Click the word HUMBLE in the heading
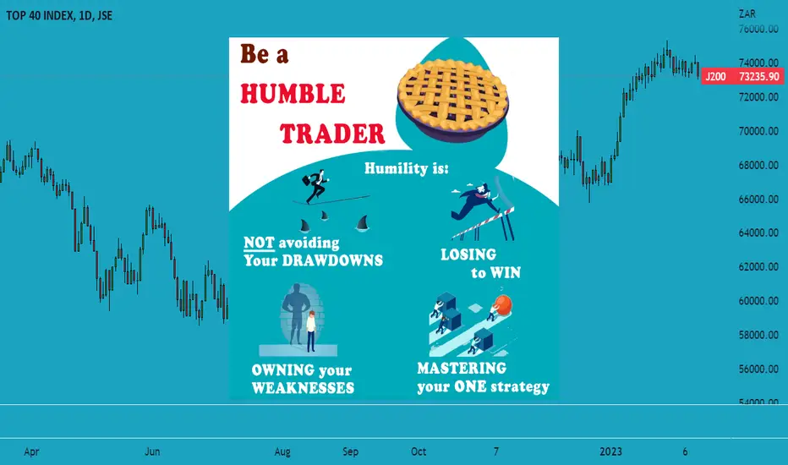tap(293, 94)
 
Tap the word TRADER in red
tap(332, 134)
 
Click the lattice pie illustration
tap(453, 100)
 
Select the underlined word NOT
tap(259, 243)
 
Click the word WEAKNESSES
tap(303, 388)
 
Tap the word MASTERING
tap(462, 369)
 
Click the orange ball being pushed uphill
tap(502, 304)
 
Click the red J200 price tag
tap(742, 76)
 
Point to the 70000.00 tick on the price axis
tap(758, 131)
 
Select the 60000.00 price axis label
tap(758, 301)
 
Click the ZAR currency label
tap(747, 14)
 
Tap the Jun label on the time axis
tap(152, 451)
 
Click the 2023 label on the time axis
tap(610, 451)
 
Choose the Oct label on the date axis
tap(419, 451)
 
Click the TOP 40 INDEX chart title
tap(59, 15)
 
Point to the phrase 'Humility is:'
tap(406, 168)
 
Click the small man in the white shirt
tap(311, 331)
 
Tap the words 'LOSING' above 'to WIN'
tap(468, 254)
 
